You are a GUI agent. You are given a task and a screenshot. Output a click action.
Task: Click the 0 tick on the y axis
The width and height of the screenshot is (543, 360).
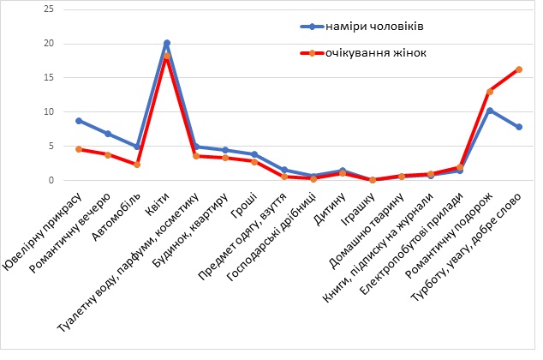(x=51, y=180)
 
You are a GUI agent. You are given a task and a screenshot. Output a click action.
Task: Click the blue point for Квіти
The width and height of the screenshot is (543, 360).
(x=166, y=43)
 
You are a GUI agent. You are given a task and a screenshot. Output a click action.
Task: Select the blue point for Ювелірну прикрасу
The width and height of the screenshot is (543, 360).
(x=79, y=121)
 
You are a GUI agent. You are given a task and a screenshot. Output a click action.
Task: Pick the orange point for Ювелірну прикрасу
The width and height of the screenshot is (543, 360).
(x=79, y=149)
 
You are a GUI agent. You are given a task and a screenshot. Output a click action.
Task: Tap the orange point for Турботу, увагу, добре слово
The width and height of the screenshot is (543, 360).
(x=519, y=69)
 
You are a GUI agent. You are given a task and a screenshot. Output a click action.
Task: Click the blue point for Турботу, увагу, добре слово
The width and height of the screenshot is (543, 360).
(x=519, y=127)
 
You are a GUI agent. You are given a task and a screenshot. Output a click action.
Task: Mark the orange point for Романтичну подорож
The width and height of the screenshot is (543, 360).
(x=490, y=92)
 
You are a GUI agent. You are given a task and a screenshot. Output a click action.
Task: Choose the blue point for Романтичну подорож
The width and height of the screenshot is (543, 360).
(x=490, y=111)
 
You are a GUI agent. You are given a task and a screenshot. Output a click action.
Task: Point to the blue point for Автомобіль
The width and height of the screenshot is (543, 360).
(x=137, y=147)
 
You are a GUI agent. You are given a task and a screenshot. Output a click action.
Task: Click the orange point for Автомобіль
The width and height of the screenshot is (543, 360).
(x=137, y=165)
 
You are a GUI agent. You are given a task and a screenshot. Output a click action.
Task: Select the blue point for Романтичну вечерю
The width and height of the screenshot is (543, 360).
(x=108, y=134)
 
